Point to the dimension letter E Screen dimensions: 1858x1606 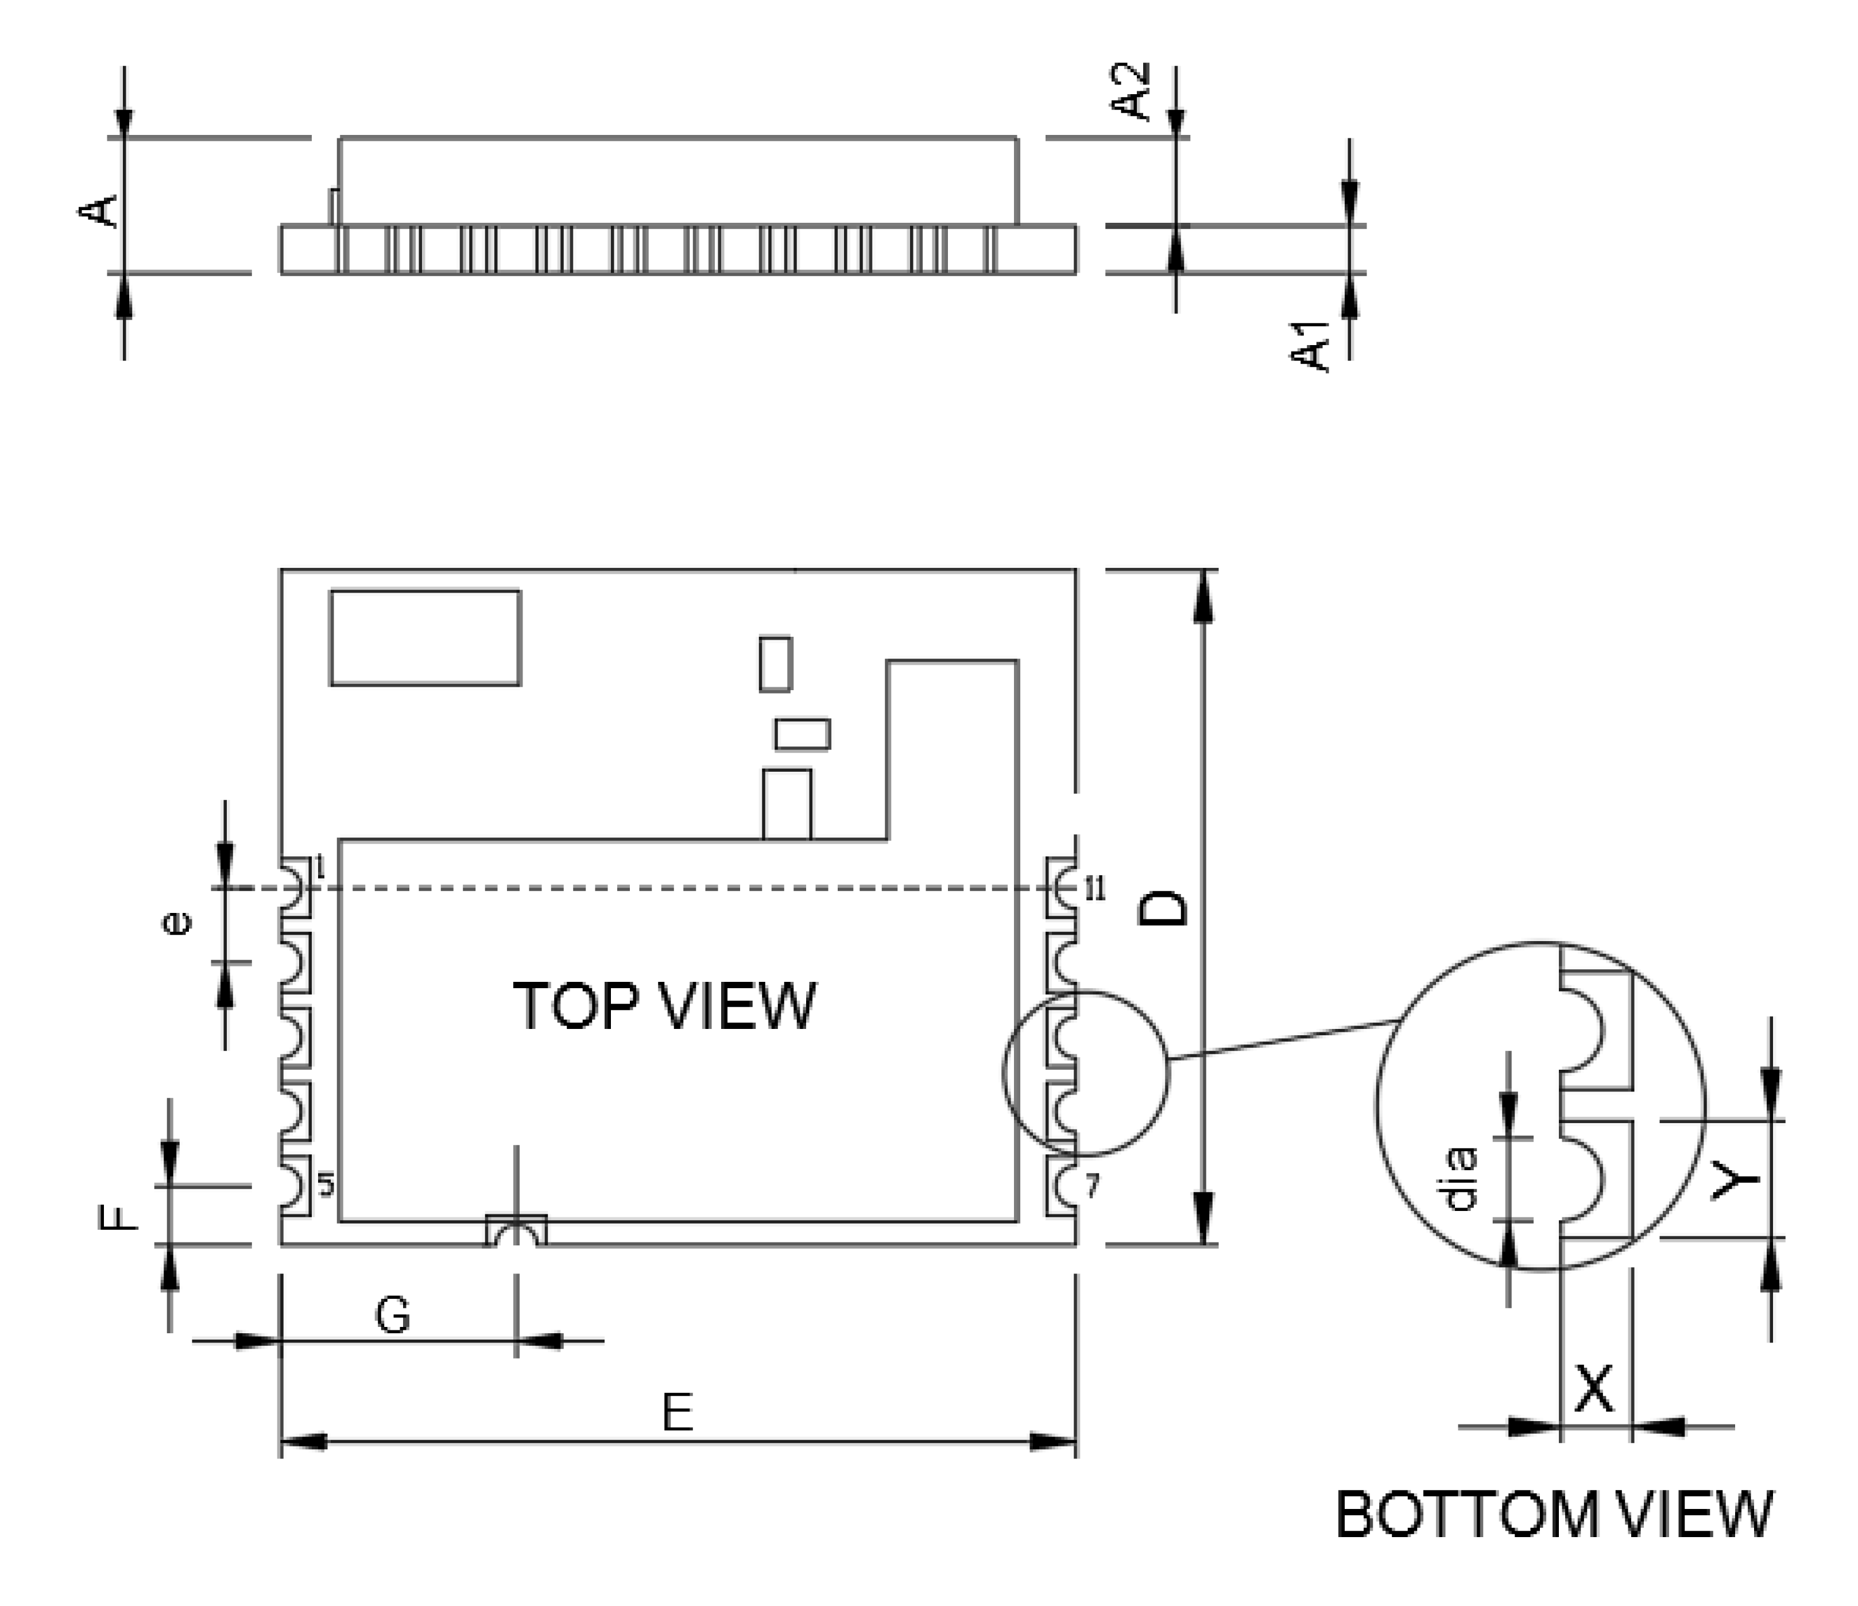coord(677,1413)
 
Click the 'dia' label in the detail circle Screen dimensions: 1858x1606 coord(1461,1180)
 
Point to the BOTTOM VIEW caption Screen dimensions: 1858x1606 coord(1554,1515)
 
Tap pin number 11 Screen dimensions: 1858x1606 coord(1095,889)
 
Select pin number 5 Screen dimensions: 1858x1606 coord(326,1186)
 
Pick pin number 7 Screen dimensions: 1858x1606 coord(1091,1186)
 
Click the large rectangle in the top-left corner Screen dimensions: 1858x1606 coord(425,637)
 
